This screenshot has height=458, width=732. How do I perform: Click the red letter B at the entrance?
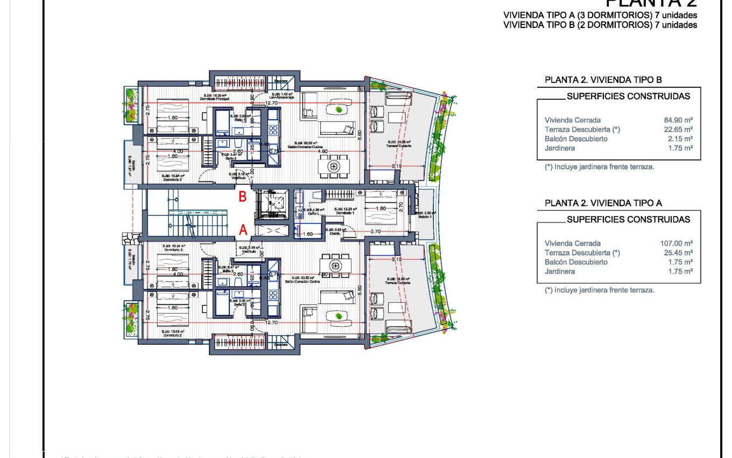(x=243, y=197)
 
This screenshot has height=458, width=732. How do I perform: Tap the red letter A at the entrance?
(x=243, y=230)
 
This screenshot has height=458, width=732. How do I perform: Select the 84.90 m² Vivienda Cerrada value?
(x=678, y=120)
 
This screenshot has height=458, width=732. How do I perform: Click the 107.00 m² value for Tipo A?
(x=676, y=244)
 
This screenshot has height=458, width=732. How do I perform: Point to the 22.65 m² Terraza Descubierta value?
(x=678, y=129)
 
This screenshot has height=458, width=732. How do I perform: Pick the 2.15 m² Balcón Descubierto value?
(x=679, y=138)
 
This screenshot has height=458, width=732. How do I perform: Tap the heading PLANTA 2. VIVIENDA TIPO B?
(x=603, y=80)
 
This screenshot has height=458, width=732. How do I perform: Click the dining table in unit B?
(x=334, y=166)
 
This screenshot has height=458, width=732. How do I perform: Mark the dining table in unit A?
(x=335, y=265)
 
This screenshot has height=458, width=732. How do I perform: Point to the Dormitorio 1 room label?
(x=344, y=213)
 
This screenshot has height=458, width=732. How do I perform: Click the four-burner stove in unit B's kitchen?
(x=273, y=130)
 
